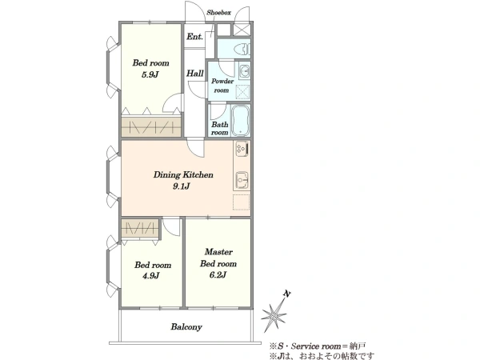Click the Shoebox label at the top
(218, 13)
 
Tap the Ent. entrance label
(194, 37)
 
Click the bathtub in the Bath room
(241, 120)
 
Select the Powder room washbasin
(244, 72)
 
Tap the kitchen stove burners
(242, 149)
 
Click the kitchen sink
(242, 180)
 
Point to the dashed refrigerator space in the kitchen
(242, 202)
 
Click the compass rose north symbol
(274, 315)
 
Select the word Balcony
(186, 327)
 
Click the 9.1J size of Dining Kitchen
(182, 186)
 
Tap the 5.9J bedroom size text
(150, 74)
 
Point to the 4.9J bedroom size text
(151, 276)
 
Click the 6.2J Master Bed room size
(218, 275)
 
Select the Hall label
(195, 74)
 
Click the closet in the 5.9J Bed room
(151, 126)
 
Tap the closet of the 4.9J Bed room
(140, 228)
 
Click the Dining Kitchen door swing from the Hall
(195, 148)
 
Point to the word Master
(218, 252)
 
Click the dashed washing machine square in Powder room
(244, 91)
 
